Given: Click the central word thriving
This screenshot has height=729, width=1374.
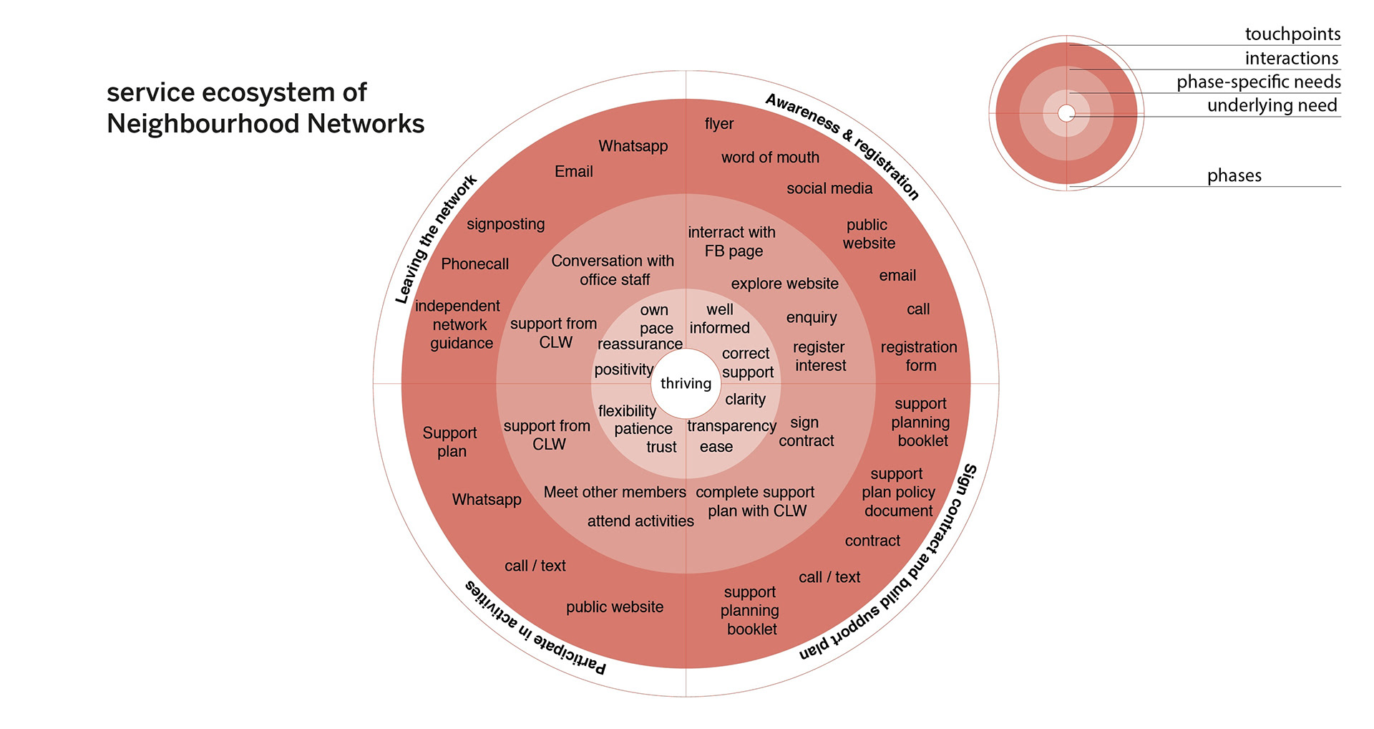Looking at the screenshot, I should (686, 383).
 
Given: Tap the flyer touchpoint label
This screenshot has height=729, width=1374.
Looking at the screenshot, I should (718, 124).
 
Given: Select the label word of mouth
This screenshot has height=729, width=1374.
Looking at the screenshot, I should (770, 158).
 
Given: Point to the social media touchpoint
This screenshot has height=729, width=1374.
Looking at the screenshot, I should (829, 188).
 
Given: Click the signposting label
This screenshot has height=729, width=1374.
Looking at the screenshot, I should (505, 224).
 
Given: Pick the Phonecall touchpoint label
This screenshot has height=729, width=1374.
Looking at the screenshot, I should (474, 264).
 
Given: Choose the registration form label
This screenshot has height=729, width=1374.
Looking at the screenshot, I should (919, 356).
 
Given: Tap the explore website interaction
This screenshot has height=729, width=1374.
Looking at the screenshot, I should (784, 284).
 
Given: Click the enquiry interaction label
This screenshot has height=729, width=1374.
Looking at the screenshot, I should (811, 317).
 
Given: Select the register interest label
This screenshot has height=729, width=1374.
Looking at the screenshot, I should (819, 356).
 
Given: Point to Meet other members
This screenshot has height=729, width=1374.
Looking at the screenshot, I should (615, 492).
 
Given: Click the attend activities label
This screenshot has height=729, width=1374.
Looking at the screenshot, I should (640, 521).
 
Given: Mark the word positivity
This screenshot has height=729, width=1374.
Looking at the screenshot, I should (623, 370).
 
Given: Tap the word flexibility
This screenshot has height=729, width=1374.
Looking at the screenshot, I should (627, 411).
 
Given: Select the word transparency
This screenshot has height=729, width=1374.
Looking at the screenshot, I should (731, 426).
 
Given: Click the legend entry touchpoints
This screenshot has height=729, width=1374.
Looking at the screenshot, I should (1292, 34).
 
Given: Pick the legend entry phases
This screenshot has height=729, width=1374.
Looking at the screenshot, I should (1234, 175).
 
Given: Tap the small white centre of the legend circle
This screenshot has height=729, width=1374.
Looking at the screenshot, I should (1066, 113).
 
